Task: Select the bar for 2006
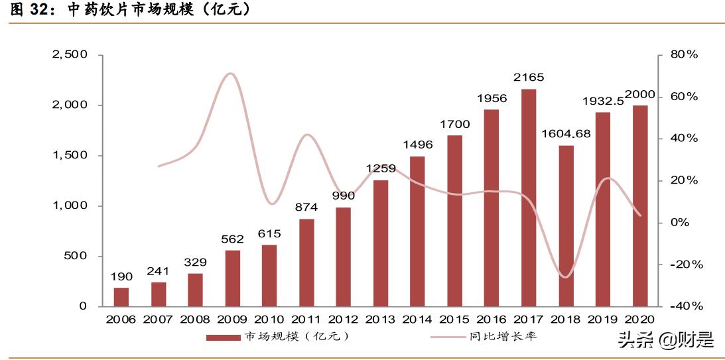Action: tap(121, 297)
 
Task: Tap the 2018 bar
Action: tap(566, 226)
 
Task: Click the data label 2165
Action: tap(529, 78)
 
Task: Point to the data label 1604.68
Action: tap(565, 133)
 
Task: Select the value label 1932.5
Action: tap(603, 101)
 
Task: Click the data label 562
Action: tap(232, 239)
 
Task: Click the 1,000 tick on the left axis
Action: tap(70, 206)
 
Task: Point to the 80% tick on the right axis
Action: tap(684, 55)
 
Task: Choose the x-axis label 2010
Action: tap(269, 320)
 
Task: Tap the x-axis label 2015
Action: tap(454, 320)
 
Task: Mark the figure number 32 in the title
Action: tap(42, 11)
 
